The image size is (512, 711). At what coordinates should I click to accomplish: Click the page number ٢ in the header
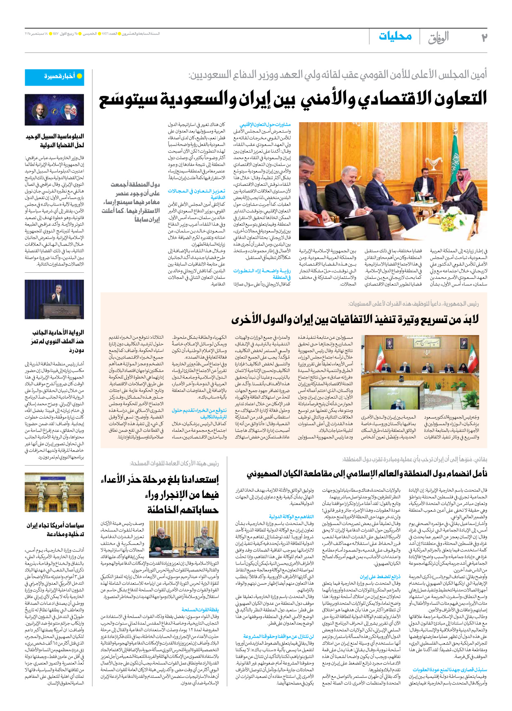(484, 37)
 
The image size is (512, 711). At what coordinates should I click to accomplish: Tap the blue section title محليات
(395, 36)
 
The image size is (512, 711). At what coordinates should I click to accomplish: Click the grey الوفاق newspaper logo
(438, 38)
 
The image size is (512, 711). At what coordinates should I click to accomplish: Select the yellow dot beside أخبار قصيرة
(80, 76)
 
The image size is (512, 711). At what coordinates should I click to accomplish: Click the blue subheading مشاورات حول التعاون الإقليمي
(265, 124)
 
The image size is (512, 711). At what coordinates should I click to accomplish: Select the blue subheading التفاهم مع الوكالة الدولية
(292, 517)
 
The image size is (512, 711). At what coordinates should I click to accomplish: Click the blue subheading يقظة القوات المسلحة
(200, 610)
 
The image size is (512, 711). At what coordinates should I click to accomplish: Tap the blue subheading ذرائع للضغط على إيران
(381, 577)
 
